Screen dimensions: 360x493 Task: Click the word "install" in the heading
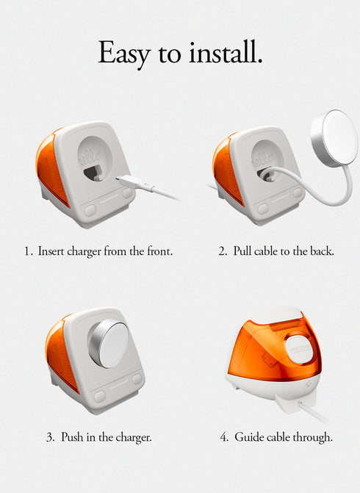tap(224, 52)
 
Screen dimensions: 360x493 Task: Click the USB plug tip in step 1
tap(118, 179)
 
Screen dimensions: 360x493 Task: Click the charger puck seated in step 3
tap(109, 344)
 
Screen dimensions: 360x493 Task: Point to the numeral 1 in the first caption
tap(28, 251)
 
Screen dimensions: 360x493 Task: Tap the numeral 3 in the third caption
tap(50, 437)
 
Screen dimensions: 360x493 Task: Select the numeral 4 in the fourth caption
tap(224, 437)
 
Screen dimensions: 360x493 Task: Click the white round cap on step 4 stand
tap(299, 349)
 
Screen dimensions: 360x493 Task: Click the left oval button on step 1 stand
tap(90, 210)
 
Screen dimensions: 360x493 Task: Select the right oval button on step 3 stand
tap(137, 378)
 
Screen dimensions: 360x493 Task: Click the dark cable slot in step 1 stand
tap(94, 173)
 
